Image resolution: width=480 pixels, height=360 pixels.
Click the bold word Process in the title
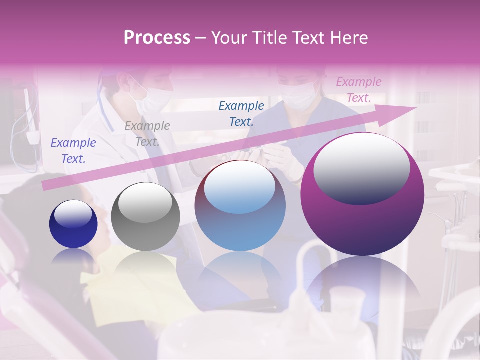(157, 38)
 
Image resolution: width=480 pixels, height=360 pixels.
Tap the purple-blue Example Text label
(73, 151)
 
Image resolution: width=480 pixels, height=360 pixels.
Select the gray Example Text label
(147, 134)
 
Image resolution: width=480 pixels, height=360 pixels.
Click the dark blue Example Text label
(241, 113)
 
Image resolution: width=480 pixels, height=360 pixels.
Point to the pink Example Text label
(358, 90)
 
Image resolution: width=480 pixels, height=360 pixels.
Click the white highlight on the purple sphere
(361, 167)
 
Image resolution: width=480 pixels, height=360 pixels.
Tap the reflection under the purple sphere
(362, 285)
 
